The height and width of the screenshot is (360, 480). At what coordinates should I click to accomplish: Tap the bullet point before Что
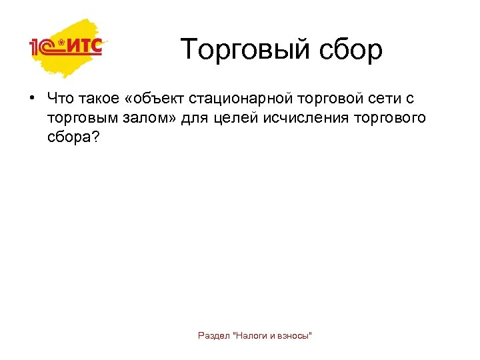point(31,99)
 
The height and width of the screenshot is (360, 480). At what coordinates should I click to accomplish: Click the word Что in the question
point(61,99)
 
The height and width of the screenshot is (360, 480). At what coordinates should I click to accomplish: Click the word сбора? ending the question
point(73,138)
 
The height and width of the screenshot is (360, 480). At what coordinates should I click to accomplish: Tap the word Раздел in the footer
point(213,335)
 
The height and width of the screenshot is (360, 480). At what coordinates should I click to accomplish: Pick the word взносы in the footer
point(295,335)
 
